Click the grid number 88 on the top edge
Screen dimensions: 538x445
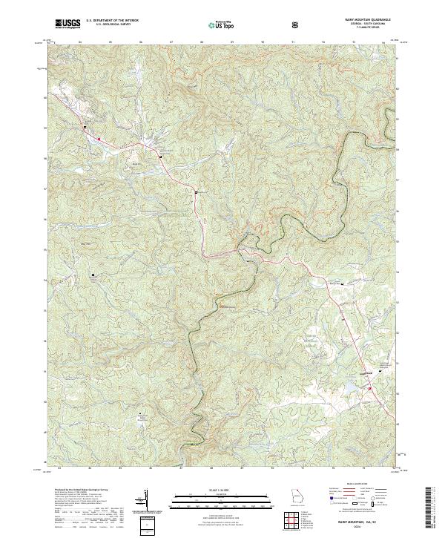point(202,43)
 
